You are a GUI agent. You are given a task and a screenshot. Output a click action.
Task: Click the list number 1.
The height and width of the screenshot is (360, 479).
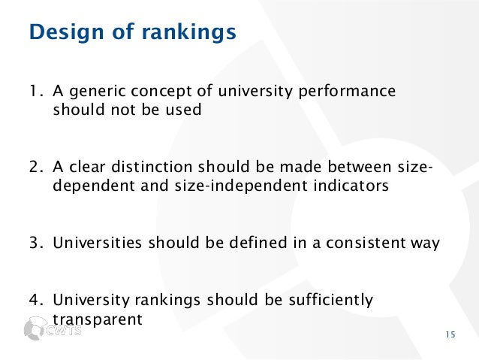point(33,92)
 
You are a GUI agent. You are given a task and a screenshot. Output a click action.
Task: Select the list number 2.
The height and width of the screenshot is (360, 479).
point(34,167)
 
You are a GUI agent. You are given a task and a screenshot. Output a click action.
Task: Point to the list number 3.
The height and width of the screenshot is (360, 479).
point(34,242)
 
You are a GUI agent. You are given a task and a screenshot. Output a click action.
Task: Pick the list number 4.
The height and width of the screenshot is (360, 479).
point(34,301)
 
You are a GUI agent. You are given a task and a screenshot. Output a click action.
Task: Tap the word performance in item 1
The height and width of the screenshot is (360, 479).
point(353,93)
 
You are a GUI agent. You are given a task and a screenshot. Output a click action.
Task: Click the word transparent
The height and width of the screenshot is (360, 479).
point(98,319)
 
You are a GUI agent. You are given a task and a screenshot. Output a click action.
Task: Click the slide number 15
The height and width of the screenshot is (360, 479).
point(449,335)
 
